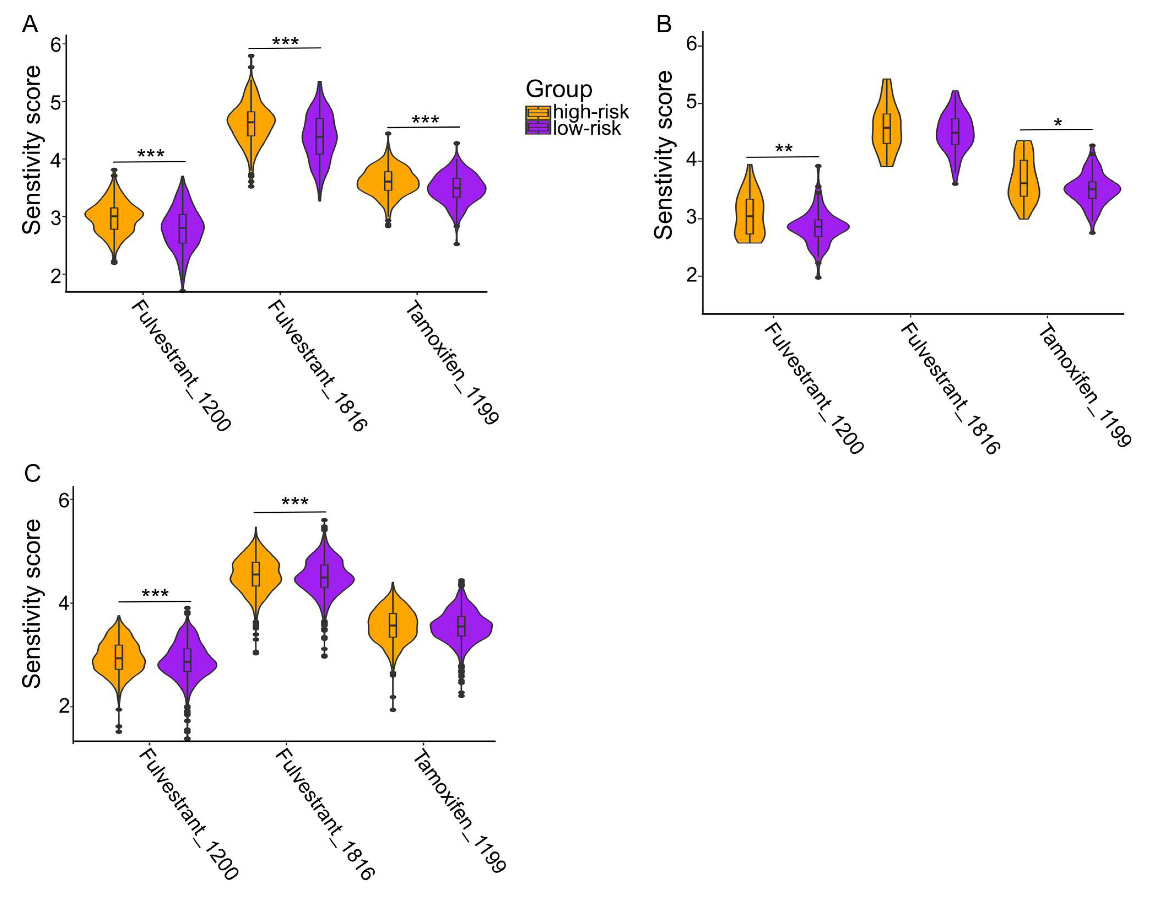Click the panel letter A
click(30, 24)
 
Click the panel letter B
click(664, 24)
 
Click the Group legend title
click(559, 89)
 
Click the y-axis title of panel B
click(663, 155)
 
